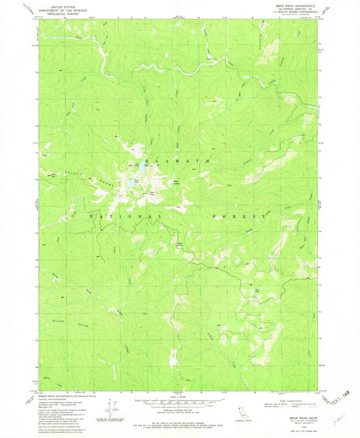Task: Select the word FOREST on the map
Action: [238, 216]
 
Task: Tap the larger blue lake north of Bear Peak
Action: [128, 182]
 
